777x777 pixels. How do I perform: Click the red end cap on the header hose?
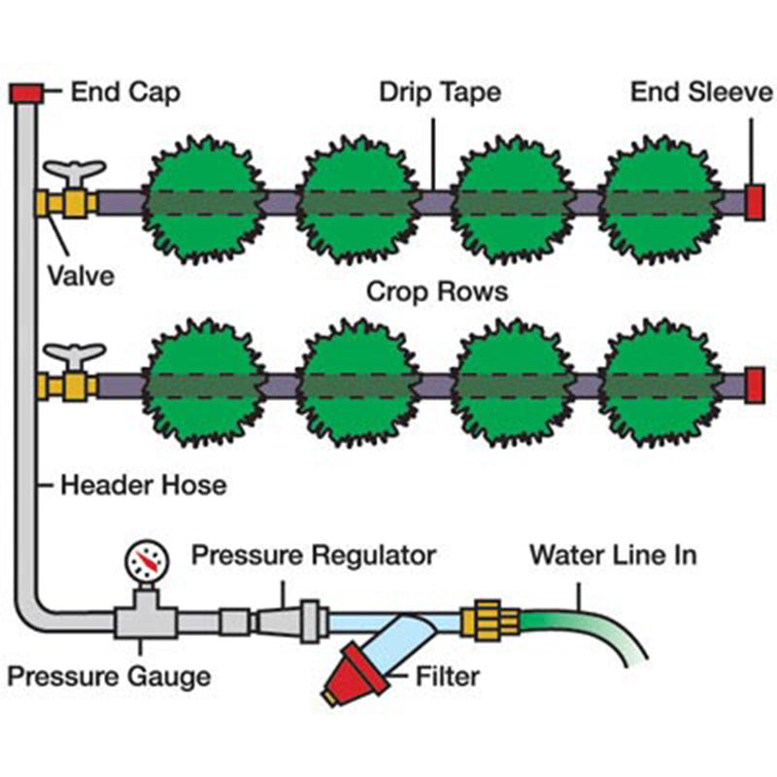(25, 92)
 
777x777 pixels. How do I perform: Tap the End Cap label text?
(125, 92)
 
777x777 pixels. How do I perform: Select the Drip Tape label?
(440, 92)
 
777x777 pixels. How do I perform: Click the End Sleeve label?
(701, 92)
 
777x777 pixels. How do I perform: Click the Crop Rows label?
(437, 291)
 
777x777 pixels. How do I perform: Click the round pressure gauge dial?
(145, 560)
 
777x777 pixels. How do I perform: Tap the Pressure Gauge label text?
(109, 675)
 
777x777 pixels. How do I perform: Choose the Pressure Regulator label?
(313, 557)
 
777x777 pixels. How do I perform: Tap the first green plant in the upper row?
(204, 202)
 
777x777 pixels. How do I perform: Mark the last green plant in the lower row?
(664, 385)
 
